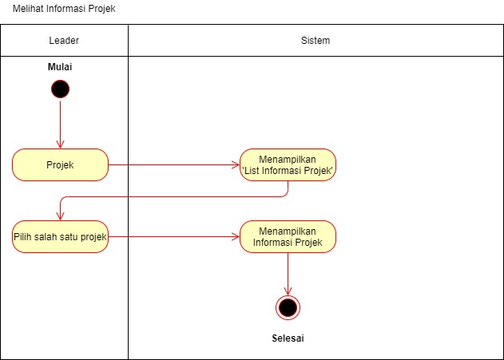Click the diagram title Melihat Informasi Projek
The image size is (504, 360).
(x=64, y=9)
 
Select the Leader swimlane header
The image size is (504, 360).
(x=64, y=41)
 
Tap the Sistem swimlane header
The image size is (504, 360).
(x=315, y=41)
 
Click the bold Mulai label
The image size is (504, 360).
(x=60, y=67)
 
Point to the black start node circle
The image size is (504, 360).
(x=60, y=89)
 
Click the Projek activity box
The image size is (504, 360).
(x=60, y=164)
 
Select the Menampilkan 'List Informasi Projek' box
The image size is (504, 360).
(x=288, y=164)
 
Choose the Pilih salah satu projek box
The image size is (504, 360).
(x=60, y=237)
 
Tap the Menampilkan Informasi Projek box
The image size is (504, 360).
(x=288, y=237)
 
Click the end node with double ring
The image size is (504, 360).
(x=288, y=307)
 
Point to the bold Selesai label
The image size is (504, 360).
(x=288, y=338)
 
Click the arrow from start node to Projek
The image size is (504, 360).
(x=60, y=125)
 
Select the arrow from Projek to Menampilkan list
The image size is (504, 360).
(x=174, y=164)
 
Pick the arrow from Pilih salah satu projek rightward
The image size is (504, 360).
(x=174, y=237)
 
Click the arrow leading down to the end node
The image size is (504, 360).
(x=288, y=274)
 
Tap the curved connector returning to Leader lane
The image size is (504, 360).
(x=174, y=196)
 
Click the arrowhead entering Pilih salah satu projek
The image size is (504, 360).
(x=60, y=216)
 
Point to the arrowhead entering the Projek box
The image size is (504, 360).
(x=60, y=144)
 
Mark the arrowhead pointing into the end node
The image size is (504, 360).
(x=288, y=291)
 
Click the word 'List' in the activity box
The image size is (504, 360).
(x=252, y=171)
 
